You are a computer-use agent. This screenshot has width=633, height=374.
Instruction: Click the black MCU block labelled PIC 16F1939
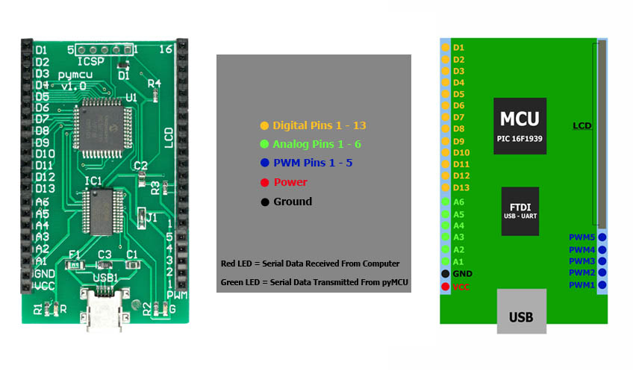(520, 125)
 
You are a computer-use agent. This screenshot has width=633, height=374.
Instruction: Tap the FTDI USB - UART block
(520, 211)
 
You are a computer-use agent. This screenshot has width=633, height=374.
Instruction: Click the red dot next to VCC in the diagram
(446, 286)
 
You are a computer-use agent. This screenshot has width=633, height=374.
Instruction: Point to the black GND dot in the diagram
(446, 274)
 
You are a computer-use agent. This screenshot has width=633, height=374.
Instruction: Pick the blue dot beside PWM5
(602, 238)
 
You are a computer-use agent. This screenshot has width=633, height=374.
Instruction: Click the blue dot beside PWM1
(602, 285)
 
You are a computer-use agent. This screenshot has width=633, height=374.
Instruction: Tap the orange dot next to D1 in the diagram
(446, 47)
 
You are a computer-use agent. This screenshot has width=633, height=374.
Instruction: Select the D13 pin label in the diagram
(461, 187)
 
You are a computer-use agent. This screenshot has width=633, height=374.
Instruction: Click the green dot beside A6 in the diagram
(446, 202)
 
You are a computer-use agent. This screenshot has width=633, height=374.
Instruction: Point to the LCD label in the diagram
(581, 125)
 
